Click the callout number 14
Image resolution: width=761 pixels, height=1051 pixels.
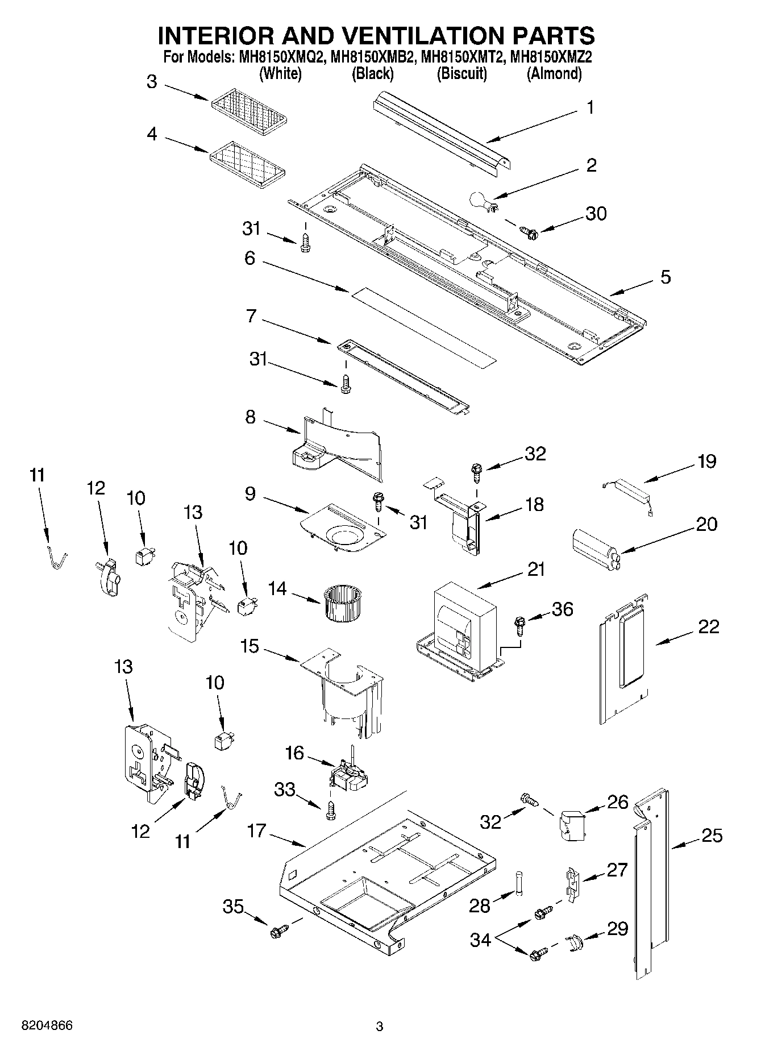pyautogui.click(x=277, y=588)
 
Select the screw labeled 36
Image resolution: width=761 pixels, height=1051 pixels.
pyautogui.click(x=519, y=624)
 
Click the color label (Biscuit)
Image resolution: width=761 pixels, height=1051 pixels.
pyautogui.click(x=461, y=73)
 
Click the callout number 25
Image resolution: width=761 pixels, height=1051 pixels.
pyautogui.click(x=712, y=836)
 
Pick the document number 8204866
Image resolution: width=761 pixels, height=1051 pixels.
pyautogui.click(x=47, y=1026)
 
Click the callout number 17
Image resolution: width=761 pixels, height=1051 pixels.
pyautogui.click(x=256, y=831)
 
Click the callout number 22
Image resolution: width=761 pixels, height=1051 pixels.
pyautogui.click(x=708, y=627)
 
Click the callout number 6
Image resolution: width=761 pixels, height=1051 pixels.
pyautogui.click(x=250, y=258)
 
